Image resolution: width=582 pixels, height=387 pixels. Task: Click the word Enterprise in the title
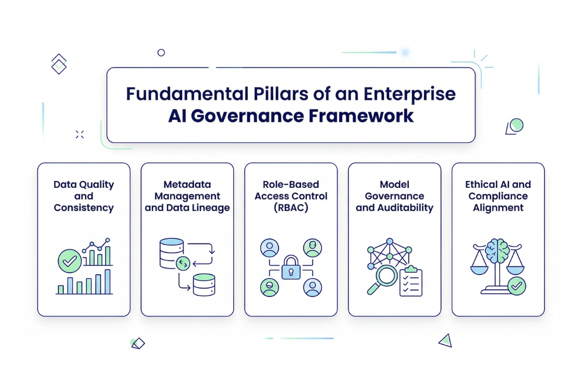click(x=409, y=94)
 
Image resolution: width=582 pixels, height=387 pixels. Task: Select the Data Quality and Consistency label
click(x=83, y=196)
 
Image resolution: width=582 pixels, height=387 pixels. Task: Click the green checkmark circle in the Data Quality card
click(x=69, y=260)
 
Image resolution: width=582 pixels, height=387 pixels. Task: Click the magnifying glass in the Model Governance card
click(x=385, y=277)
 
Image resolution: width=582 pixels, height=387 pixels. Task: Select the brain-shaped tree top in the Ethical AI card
click(x=497, y=251)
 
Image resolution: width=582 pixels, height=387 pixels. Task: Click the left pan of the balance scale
click(x=480, y=270)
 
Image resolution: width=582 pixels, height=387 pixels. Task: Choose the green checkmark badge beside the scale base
click(x=516, y=286)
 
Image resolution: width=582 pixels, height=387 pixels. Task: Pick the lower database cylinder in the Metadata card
click(x=204, y=285)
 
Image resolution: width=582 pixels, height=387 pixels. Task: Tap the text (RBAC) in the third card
click(x=290, y=208)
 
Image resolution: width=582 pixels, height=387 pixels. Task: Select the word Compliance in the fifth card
click(x=498, y=196)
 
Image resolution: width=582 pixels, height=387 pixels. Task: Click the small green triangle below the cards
click(x=445, y=341)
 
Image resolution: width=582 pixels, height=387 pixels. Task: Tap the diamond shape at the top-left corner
click(x=59, y=64)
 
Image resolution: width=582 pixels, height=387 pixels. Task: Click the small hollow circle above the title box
click(x=161, y=52)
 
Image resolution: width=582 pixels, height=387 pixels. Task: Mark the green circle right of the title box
click(x=516, y=125)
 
